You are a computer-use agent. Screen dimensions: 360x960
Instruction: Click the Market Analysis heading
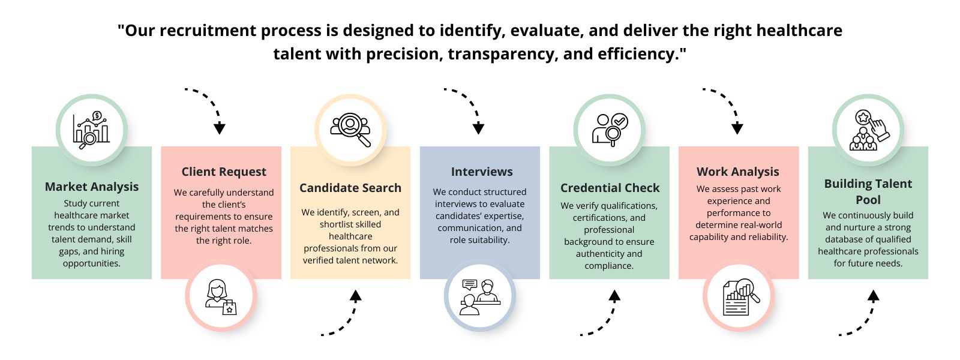(x=92, y=187)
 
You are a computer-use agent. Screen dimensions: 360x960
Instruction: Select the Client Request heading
(x=224, y=172)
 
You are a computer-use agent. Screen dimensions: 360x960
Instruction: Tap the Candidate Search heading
(x=350, y=188)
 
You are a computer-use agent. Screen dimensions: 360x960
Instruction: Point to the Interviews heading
(x=482, y=172)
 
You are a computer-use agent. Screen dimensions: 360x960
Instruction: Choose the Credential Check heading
(x=610, y=188)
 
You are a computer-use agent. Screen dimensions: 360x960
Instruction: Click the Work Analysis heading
(x=738, y=172)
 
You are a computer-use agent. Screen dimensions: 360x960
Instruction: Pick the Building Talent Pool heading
(x=868, y=191)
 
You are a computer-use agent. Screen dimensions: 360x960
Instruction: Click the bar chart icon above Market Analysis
(x=92, y=130)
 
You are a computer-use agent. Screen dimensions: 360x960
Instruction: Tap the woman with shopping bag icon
(x=221, y=296)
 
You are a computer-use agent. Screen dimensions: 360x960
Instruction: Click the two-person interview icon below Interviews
(x=480, y=296)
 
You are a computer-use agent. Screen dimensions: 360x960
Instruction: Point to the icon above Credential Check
(x=610, y=130)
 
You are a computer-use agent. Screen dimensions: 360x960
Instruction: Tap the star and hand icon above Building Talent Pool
(x=868, y=130)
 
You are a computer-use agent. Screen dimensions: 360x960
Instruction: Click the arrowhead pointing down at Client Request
(x=220, y=128)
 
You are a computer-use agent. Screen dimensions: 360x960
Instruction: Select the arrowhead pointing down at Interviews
(x=478, y=128)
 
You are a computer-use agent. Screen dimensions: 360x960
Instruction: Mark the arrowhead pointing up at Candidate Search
(x=356, y=295)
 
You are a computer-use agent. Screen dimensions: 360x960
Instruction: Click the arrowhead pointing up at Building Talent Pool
(x=874, y=295)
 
